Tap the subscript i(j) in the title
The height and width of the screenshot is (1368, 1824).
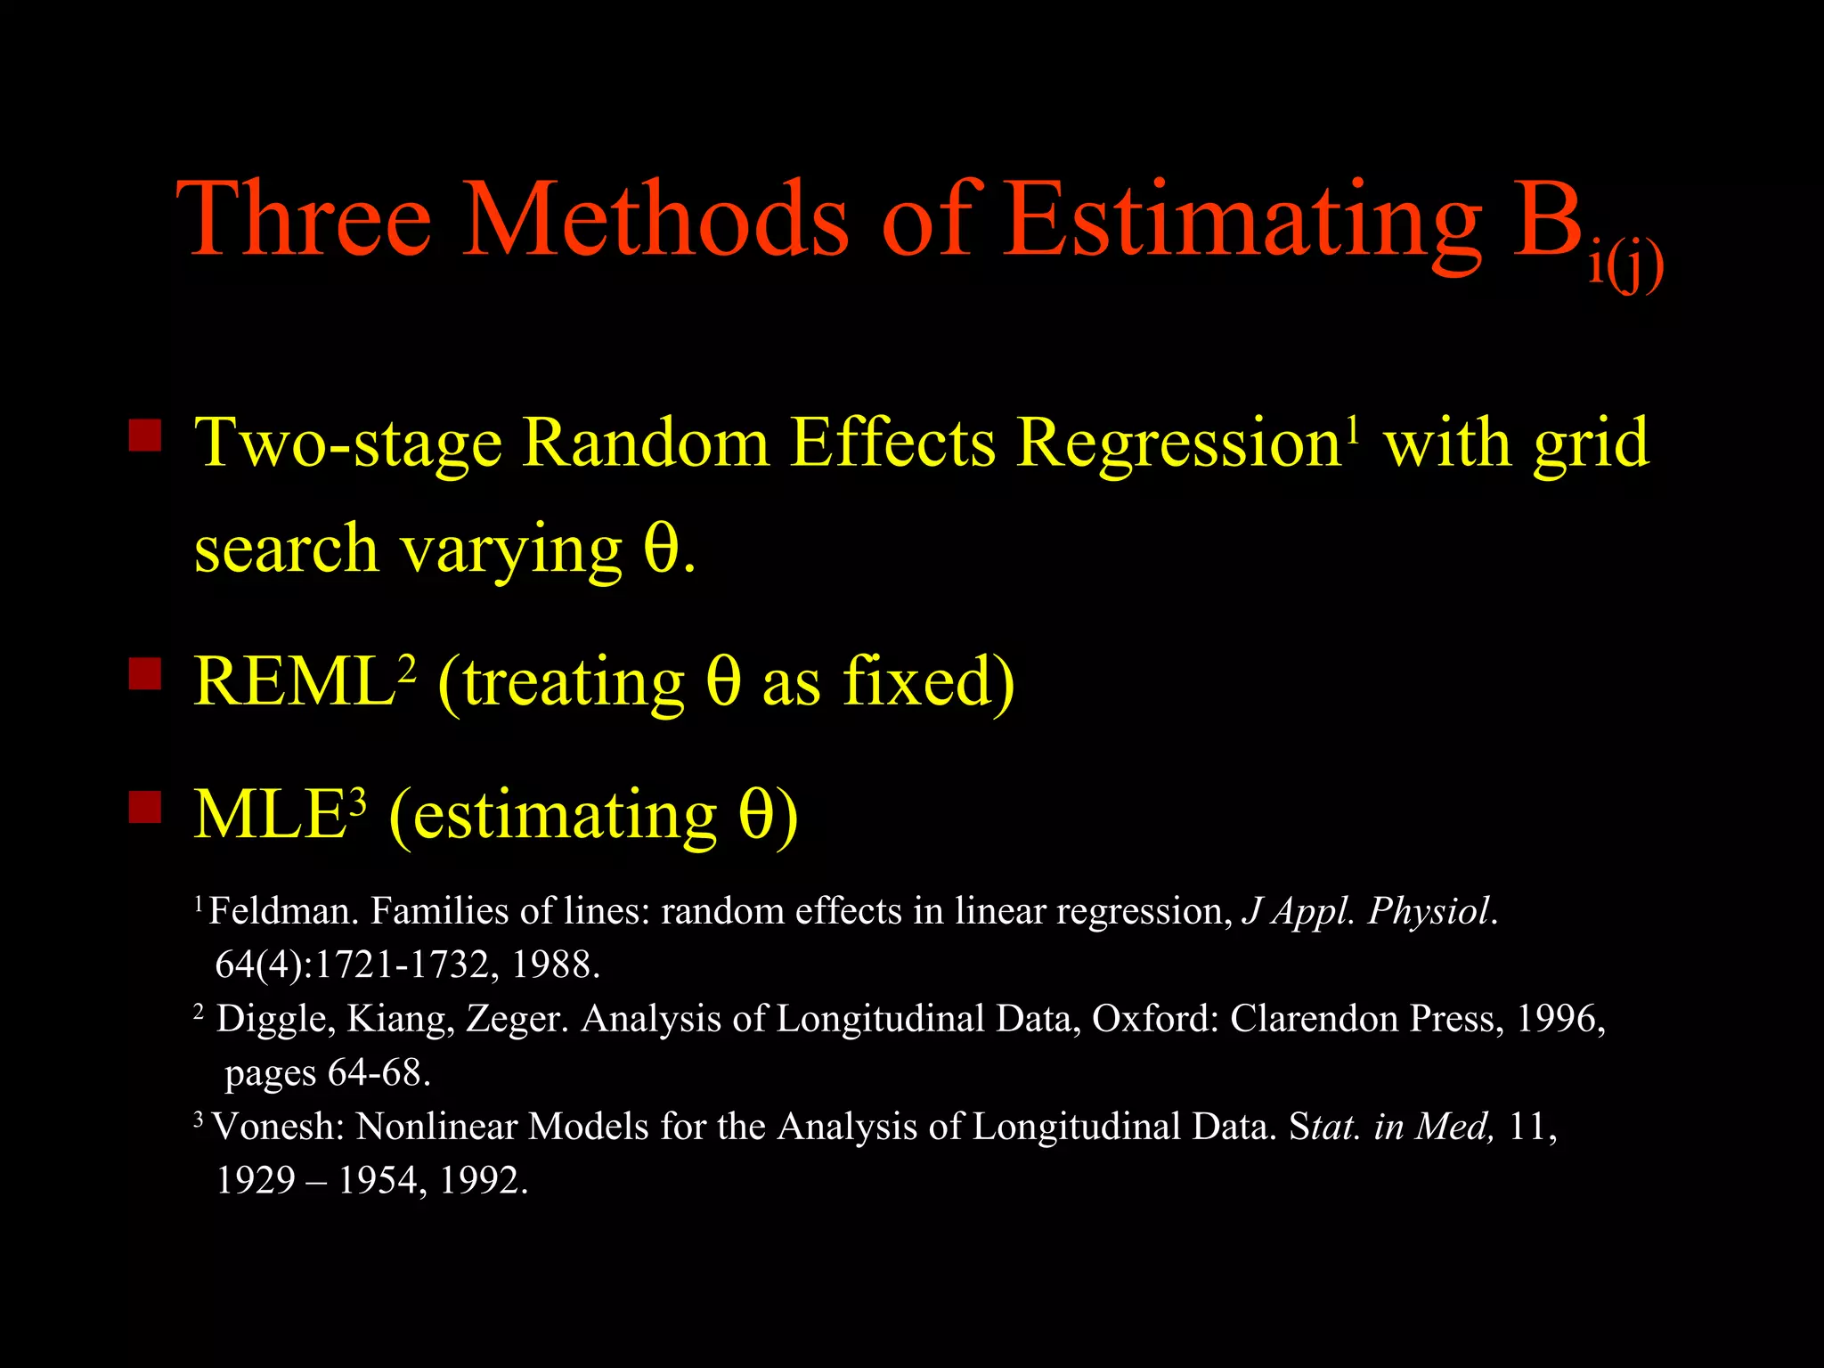pos(1626,265)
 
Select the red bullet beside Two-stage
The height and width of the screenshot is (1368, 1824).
pos(145,436)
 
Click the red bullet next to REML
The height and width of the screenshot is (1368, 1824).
pos(145,674)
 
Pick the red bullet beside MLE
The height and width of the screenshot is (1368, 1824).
pos(145,808)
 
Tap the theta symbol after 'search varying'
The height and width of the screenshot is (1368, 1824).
pos(661,549)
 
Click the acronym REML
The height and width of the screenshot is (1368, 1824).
pos(295,682)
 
